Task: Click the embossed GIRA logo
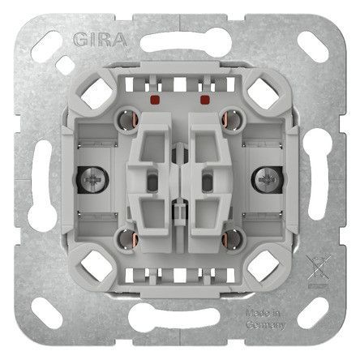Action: [x=100, y=40]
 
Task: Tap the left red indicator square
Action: [x=155, y=100]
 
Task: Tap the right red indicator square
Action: [x=205, y=100]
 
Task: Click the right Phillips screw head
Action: [x=267, y=180]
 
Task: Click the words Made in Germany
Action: [x=265, y=319]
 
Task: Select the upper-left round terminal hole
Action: [x=128, y=119]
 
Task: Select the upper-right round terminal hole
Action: [x=231, y=119]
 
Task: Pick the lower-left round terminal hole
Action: [x=128, y=239]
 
